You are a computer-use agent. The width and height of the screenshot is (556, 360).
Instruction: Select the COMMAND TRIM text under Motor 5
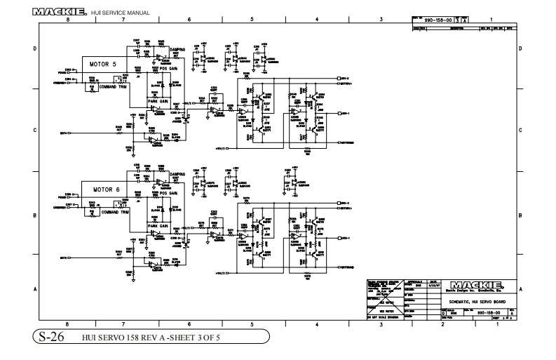tap(114, 86)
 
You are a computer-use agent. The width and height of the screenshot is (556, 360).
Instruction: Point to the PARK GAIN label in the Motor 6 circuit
tap(158, 226)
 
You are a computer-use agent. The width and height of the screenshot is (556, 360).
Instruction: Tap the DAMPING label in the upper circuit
tap(177, 49)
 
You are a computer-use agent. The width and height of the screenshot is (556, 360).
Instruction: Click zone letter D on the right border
tap(520, 48)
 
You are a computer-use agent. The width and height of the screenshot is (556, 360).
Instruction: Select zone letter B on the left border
tap(36, 215)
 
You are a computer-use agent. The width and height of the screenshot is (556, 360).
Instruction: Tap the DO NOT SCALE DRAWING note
tap(384, 318)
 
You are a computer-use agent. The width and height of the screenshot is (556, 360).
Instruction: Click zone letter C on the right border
tap(520, 131)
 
